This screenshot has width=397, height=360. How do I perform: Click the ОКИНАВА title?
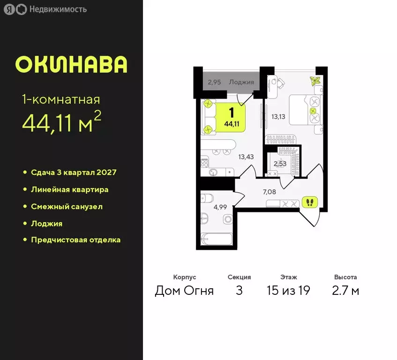click(71, 65)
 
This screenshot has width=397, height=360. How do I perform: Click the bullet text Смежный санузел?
click(67, 206)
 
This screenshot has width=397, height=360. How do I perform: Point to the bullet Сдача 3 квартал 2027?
click(74, 172)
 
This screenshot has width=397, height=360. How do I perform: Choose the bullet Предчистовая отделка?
click(75, 240)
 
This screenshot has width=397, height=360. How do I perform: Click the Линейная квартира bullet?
click(69, 189)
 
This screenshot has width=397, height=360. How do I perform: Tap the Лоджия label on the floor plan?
click(241, 82)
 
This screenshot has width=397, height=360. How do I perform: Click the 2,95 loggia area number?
click(214, 82)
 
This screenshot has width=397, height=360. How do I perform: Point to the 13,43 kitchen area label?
click(246, 157)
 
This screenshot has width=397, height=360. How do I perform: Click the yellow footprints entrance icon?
click(309, 202)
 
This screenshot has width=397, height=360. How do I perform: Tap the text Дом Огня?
click(184, 291)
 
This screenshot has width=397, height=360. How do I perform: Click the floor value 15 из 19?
click(288, 291)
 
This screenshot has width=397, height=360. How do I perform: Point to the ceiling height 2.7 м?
click(345, 291)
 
